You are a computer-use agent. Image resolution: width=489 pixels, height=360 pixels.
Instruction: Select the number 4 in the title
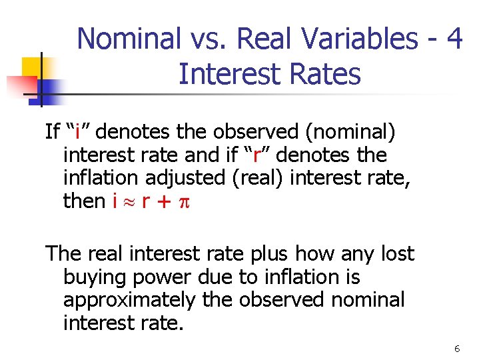coord(455,40)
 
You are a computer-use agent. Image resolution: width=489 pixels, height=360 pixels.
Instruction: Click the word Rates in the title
coord(322,74)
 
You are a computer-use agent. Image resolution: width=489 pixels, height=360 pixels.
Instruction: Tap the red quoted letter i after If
coord(77,131)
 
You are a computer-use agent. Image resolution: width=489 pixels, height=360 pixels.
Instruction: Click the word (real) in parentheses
coord(260,177)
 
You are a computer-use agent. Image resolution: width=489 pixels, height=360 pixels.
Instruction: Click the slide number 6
coord(457,349)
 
